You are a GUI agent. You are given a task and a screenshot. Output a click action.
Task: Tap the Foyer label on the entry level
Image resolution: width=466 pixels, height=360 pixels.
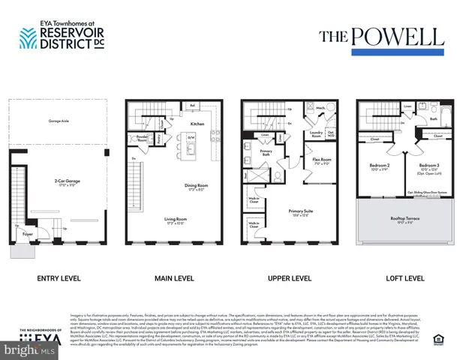[27, 234]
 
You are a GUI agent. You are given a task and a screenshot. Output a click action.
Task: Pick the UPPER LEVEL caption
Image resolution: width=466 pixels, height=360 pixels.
[290, 279]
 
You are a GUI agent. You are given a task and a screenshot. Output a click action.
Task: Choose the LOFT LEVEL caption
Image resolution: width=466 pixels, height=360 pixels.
[405, 279]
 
